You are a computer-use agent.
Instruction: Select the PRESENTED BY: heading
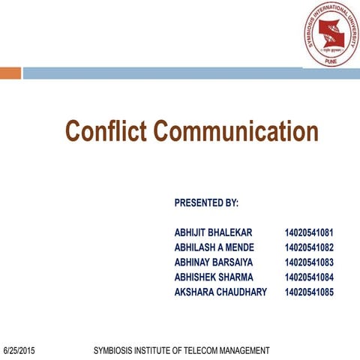[205, 202]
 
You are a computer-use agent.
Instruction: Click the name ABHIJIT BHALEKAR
[214, 232]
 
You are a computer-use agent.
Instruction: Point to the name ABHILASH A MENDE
[214, 247]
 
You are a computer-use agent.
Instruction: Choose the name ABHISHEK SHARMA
[214, 277]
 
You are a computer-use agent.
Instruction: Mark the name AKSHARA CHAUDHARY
[220, 292]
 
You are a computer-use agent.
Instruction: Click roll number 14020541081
[309, 232]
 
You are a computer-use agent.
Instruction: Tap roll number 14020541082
[309, 247]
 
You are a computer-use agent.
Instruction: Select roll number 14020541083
[309, 262]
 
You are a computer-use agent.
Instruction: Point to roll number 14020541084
[309, 277]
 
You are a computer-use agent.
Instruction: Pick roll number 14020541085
[309, 292]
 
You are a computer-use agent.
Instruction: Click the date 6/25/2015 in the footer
[19, 350]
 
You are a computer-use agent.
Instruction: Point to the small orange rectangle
[10, 73]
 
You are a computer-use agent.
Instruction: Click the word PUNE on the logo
[331, 61]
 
